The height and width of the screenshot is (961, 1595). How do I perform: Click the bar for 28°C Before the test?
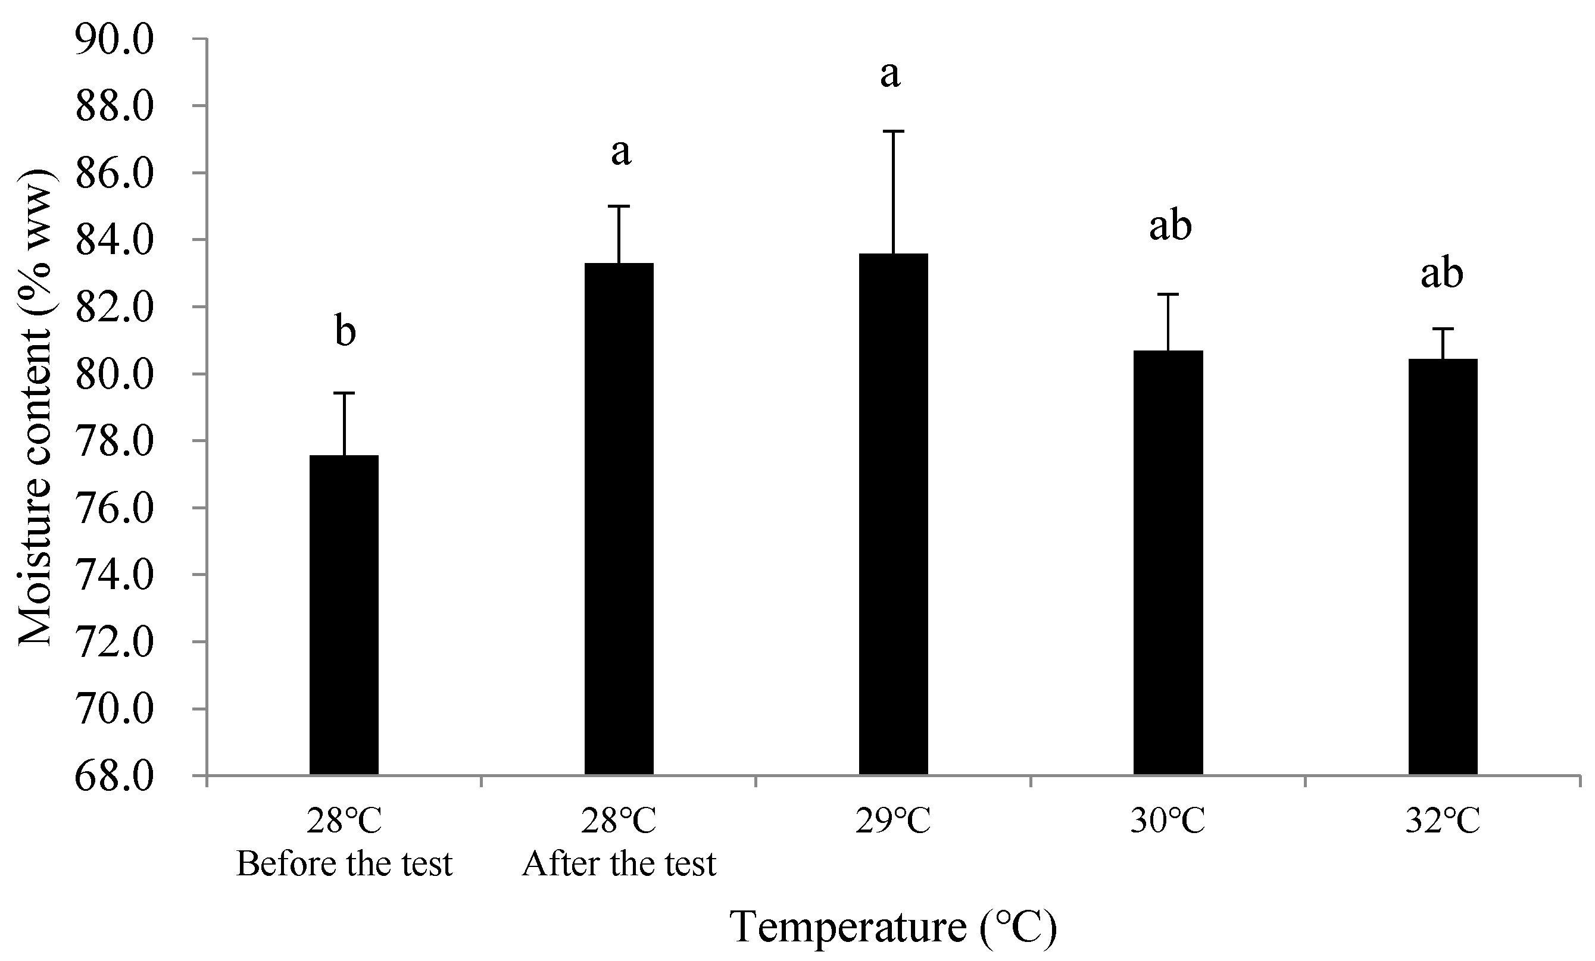(344, 615)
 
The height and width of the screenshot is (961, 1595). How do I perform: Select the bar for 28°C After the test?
(619, 518)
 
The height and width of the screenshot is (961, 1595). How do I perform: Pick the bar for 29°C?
(893, 514)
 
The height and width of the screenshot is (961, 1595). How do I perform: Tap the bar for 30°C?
(1168, 562)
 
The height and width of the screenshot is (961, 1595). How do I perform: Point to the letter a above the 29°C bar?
(890, 74)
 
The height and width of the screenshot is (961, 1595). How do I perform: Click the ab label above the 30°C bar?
(1171, 226)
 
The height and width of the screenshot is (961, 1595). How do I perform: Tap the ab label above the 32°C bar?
(1441, 273)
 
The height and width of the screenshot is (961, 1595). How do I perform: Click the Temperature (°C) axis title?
(893, 926)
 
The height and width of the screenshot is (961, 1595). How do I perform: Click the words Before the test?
(344, 864)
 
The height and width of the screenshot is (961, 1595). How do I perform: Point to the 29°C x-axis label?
(893, 822)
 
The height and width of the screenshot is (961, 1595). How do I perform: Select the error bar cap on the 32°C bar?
(1443, 330)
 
